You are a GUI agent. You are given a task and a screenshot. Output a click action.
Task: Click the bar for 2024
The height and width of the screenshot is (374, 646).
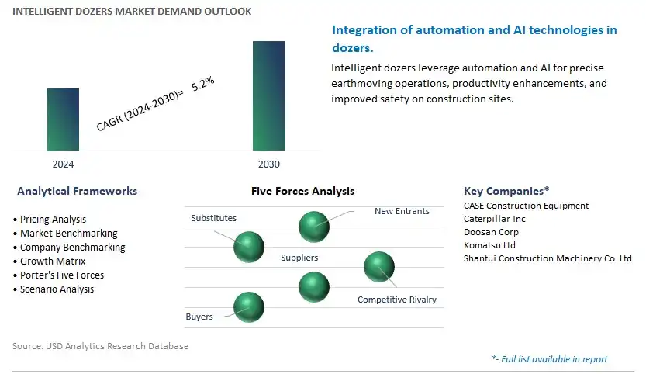tap(63, 119)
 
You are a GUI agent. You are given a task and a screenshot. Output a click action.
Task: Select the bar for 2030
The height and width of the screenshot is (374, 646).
tap(269, 95)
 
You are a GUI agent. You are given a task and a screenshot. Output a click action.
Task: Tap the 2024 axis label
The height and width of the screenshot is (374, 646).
tap(63, 164)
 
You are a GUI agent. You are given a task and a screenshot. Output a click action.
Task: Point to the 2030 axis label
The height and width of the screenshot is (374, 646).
tap(269, 164)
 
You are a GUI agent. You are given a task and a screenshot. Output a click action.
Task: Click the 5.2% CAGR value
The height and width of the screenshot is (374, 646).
tap(202, 84)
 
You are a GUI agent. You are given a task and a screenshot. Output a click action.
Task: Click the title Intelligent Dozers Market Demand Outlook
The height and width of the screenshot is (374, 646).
tap(132, 11)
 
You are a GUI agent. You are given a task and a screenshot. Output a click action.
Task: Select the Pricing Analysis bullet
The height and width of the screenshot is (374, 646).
tap(50, 220)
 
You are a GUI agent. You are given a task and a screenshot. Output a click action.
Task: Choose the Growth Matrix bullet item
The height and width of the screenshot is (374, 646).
tap(50, 261)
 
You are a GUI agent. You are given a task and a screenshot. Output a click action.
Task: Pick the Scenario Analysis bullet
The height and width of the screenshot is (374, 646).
tap(54, 289)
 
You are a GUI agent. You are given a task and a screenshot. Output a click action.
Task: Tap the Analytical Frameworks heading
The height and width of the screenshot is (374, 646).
tap(77, 191)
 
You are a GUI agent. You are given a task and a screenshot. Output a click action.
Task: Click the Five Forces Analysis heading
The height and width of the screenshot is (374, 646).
tap(302, 191)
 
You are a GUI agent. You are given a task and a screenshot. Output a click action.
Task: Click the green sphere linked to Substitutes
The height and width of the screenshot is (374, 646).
tap(249, 247)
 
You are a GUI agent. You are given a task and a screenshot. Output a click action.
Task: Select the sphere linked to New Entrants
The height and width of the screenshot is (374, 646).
tap(314, 227)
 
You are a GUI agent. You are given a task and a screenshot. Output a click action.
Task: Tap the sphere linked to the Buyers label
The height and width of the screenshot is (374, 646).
tap(249, 307)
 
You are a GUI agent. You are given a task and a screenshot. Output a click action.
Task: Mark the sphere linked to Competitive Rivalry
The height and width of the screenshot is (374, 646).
tap(379, 267)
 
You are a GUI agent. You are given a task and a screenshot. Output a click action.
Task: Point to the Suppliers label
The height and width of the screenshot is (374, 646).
tap(299, 258)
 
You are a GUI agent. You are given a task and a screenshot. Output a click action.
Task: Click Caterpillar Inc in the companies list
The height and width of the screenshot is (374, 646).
tap(495, 219)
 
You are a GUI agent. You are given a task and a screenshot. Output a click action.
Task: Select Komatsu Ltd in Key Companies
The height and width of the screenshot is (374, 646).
tap(489, 245)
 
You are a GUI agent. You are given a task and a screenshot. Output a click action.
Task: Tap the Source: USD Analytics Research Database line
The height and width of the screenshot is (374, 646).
tap(101, 346)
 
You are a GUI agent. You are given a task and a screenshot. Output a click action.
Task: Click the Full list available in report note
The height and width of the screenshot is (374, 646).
tap(550, 359)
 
